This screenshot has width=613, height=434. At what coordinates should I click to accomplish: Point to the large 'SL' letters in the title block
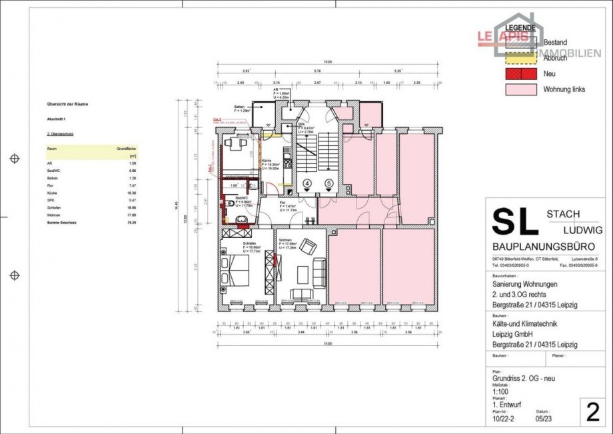514,221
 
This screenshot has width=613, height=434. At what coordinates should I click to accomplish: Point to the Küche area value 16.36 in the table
131,193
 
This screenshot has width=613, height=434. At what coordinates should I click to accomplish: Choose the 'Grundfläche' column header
127,149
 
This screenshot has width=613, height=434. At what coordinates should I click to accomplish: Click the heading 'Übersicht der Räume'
67,104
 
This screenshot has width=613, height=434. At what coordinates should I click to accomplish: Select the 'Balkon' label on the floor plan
239,107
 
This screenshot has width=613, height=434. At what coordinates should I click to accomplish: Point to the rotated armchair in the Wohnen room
307,247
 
